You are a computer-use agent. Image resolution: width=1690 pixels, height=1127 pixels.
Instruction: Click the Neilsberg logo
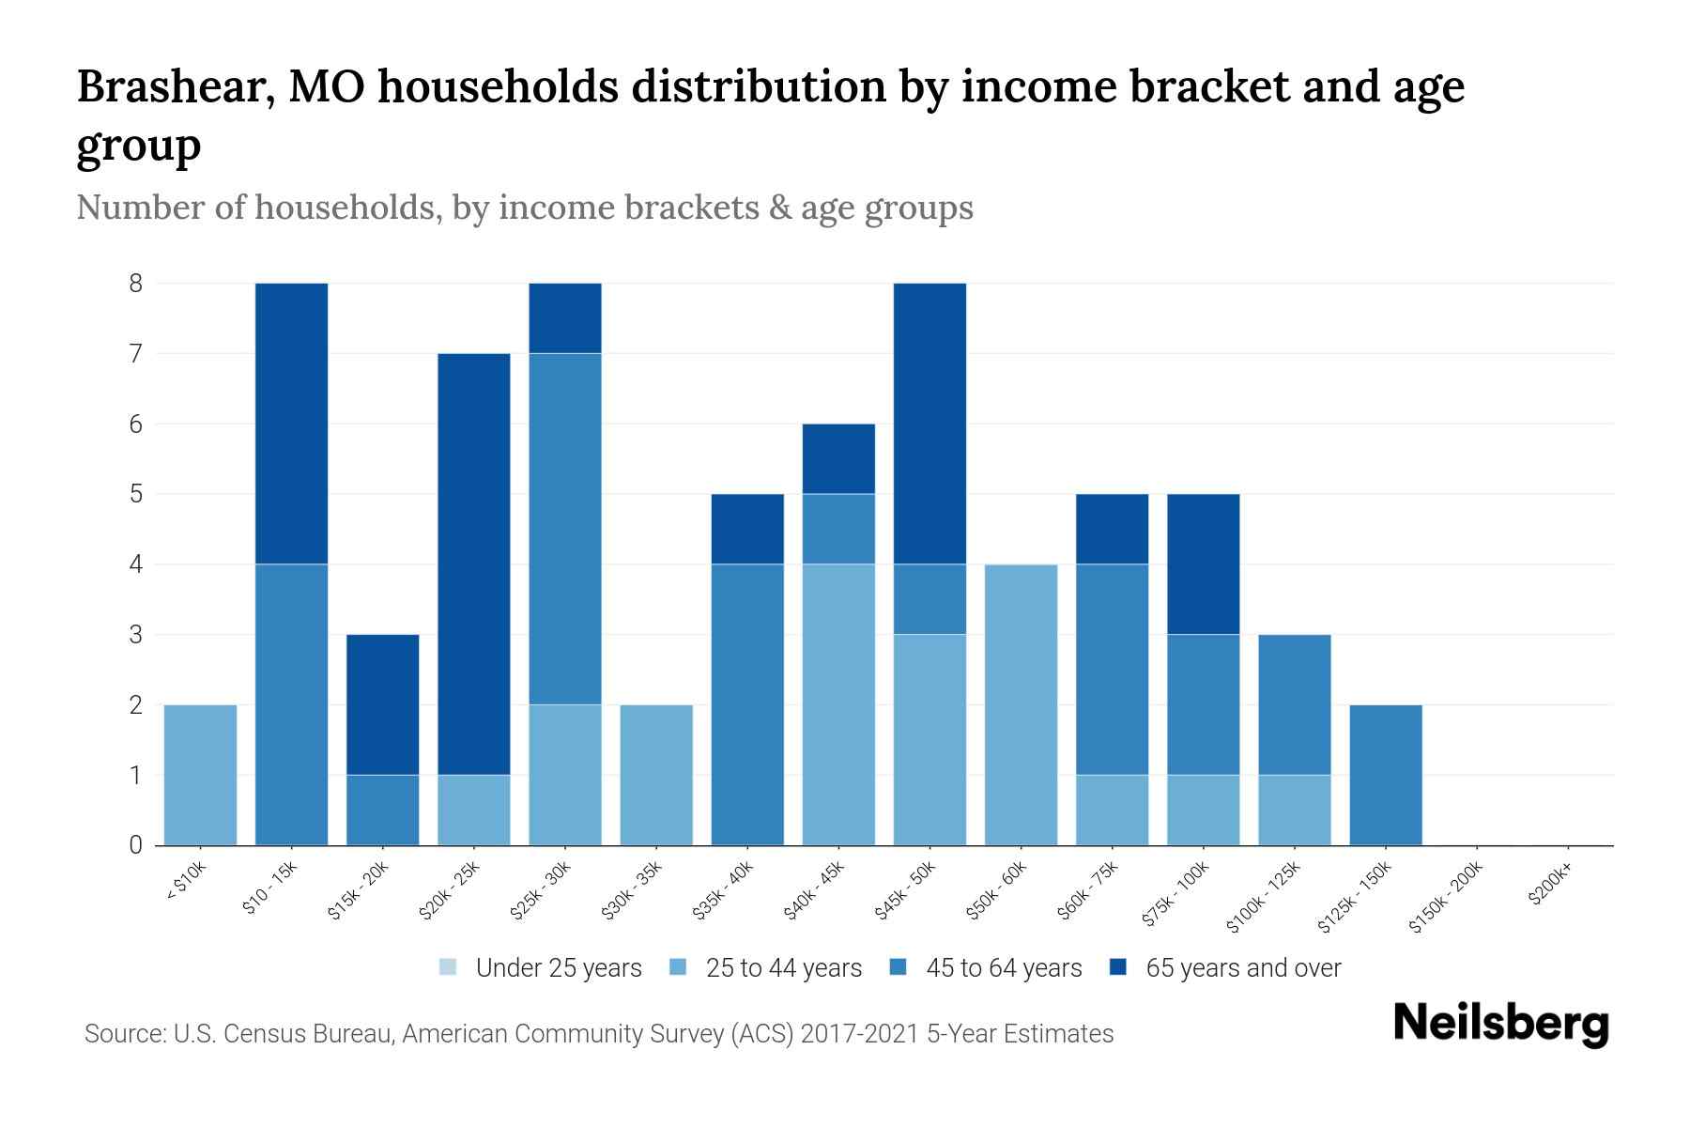[1500, 1024]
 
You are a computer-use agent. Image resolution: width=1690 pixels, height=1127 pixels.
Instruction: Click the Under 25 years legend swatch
[449, 967]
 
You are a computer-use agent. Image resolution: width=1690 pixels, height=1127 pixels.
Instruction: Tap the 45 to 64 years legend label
[1003, 968]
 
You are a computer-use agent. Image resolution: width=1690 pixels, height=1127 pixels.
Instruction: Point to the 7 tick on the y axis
[136, 354]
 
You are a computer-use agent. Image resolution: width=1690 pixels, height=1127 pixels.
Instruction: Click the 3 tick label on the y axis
[136, 635]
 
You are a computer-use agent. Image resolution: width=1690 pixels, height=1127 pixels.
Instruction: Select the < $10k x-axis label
[186, 882]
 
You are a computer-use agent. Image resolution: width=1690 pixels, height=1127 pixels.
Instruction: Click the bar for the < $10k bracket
[200, 775]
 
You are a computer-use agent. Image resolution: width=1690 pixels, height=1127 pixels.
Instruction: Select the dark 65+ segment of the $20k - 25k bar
[474, 563]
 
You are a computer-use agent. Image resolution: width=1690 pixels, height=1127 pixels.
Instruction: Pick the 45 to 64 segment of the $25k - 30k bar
[565, 529]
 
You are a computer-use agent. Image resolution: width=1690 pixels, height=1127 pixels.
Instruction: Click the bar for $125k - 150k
[1386, 775]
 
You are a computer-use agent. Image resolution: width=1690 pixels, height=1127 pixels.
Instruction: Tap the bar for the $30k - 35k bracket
[656, 775]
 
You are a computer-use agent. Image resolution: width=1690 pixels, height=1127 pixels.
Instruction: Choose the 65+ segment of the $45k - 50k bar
[929, 423]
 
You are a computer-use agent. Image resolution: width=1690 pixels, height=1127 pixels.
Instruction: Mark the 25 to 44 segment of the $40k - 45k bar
[838, 704]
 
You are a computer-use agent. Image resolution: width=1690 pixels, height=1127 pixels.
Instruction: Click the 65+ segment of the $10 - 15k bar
[291, 423]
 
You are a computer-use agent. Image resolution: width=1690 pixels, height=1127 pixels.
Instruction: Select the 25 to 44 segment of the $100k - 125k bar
[1295, 810]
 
